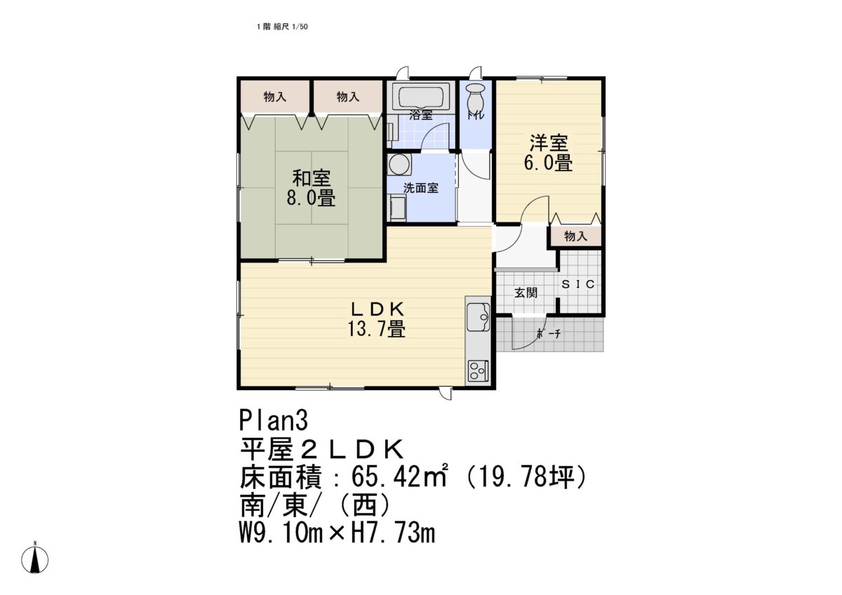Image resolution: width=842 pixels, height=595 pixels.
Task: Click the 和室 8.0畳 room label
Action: click(310, 188)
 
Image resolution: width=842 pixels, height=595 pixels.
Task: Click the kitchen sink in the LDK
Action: click(479, 314)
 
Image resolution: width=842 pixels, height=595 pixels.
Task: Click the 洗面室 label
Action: click(420, 188)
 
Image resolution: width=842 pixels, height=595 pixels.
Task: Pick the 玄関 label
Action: click(526, 292)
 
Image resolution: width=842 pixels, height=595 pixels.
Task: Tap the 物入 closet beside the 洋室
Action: click(575, 236)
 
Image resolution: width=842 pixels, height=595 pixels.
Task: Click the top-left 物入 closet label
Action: click(275, 97)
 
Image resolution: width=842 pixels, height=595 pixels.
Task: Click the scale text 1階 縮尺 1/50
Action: click(283, 27)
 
